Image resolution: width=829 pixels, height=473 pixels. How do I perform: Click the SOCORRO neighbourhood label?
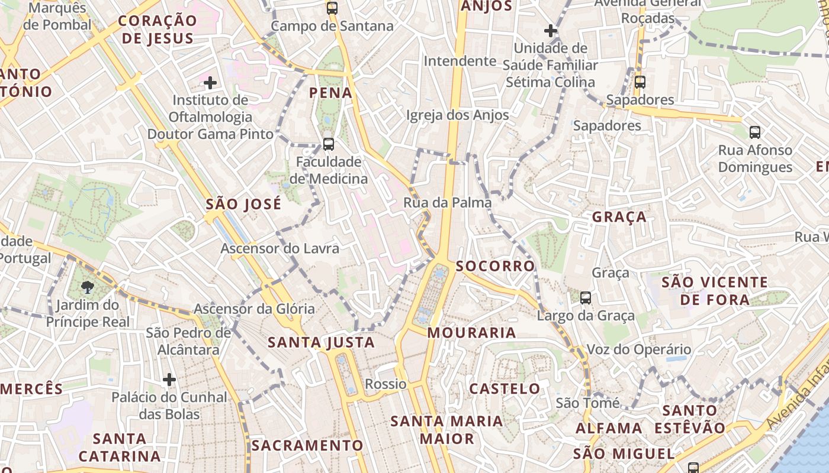495,267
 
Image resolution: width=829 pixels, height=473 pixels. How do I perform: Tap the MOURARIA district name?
471,333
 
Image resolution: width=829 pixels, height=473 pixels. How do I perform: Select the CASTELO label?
505,389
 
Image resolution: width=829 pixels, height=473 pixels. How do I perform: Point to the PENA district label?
330,93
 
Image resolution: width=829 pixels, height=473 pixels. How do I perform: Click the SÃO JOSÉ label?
243,205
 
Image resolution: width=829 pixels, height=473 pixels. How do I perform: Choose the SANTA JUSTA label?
321,342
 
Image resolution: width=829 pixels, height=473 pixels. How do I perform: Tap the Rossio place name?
385,384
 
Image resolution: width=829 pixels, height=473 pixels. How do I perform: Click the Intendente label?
460,61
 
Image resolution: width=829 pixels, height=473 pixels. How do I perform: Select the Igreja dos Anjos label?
457,115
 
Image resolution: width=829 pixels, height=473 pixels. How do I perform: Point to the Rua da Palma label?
447,203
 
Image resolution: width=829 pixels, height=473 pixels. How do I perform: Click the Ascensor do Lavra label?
279,248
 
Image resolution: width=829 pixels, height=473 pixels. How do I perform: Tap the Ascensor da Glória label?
254,309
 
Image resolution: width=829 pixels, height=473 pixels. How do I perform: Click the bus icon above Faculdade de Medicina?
328,144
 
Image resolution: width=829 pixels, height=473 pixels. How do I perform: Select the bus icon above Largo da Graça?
585,298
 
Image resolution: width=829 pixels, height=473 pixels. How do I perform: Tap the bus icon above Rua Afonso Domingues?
754,132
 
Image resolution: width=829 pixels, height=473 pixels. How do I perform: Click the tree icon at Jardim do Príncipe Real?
88,288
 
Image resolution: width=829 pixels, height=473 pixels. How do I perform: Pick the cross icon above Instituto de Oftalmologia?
210,83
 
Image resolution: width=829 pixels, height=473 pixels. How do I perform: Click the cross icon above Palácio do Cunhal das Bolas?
169,379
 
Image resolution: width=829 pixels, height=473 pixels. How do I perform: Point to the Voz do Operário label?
638,349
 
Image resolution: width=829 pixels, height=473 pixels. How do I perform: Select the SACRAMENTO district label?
307,445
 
